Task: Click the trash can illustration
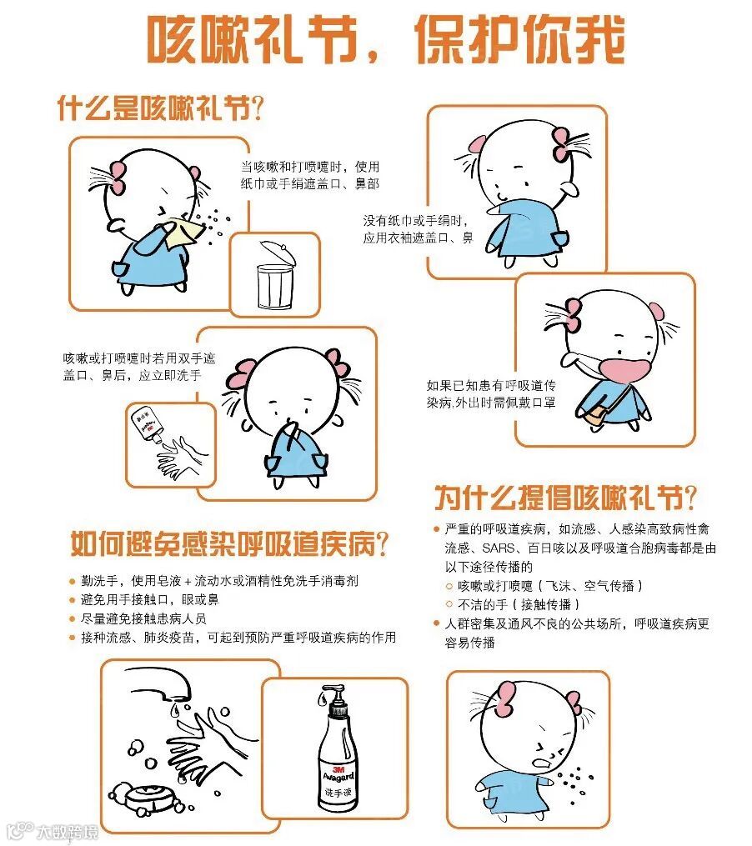277,275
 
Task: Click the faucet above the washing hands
158,684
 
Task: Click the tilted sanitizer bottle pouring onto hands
147,424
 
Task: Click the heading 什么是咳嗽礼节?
160,108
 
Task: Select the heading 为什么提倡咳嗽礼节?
565,497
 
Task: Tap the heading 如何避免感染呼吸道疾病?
229,543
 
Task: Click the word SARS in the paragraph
499,548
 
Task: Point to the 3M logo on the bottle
338,768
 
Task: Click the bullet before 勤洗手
72,582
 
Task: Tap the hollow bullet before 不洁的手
449,604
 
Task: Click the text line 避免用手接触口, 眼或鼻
150,599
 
